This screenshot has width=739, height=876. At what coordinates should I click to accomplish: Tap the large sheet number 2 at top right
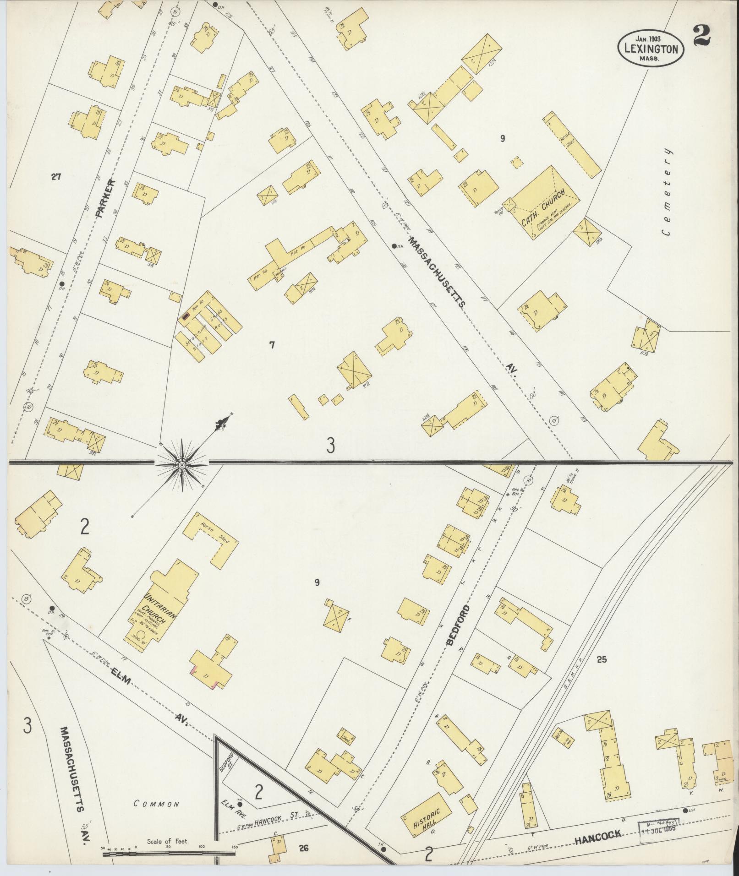[x=701, y=36]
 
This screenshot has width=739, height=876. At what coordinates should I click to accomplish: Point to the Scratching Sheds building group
[x=209, y=327]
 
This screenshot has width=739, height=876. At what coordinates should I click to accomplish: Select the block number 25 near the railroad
[x=602, y=659]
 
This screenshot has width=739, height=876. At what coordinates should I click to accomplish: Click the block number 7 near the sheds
[x=272, y=345]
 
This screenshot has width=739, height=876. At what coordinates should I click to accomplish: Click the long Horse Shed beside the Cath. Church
[x=572, y=144]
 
